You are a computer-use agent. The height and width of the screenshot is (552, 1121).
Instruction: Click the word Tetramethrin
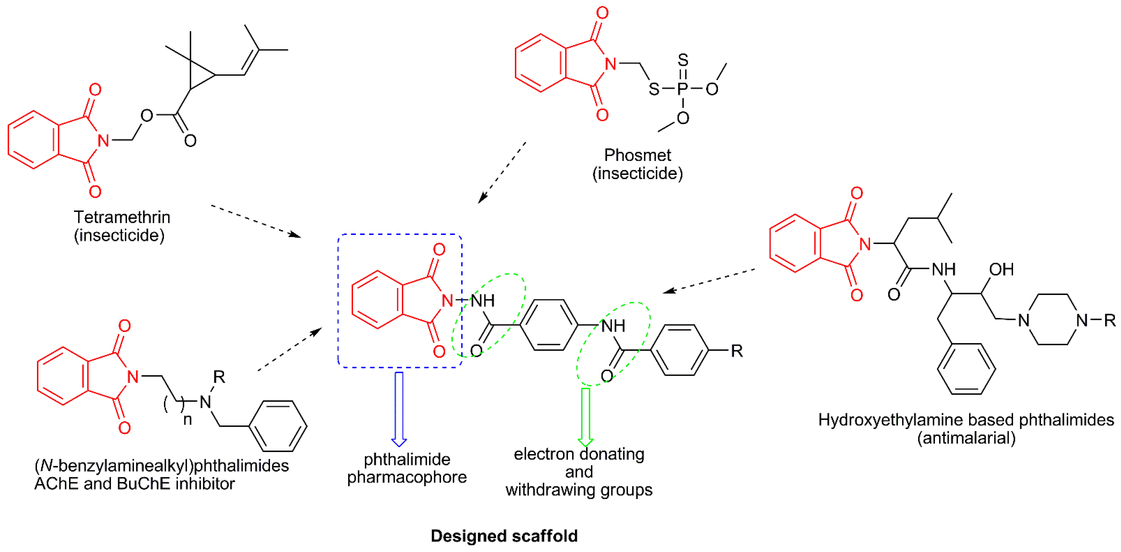click(x=122, y=217)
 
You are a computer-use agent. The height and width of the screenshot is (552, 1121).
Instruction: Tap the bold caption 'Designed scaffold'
click(x=504, y=536)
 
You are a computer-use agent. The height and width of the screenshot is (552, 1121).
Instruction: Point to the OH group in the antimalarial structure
click(x=1001, y=269)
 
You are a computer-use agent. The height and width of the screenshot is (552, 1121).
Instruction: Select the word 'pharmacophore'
click(x=407, y=477)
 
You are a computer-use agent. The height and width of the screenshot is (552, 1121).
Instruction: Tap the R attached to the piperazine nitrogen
click(x=1109, y=320)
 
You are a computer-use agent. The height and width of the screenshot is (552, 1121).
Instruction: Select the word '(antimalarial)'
click(x=966, y=438)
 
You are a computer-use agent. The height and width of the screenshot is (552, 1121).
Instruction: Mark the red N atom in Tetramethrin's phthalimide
click(x=103, y=140)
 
